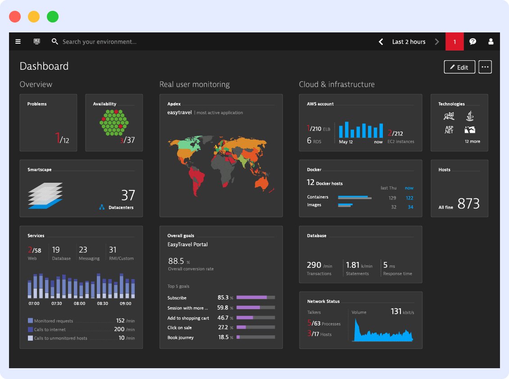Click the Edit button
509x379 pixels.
(459, 67)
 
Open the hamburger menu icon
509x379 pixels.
(18, 41)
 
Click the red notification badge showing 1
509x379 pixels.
(454, 41)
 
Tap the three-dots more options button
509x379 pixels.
(485, 67)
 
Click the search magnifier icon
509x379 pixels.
(55, 41)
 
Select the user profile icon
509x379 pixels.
(491, 41)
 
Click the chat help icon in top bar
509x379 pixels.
(473, 41)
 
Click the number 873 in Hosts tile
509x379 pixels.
(468, 204)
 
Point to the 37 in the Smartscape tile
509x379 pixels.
(128, 195)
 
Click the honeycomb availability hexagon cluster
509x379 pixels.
(114, 122)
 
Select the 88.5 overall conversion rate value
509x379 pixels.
(176, 261)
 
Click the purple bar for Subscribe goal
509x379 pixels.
(252, 298)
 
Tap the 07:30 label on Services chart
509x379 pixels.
(57, 303)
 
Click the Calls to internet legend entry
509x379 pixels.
(50, 329)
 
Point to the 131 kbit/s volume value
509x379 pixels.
(396, 311)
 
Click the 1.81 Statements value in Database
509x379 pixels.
(353, 265)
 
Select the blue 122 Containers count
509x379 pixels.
(409, 198)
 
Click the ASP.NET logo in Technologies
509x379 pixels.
(449, 130)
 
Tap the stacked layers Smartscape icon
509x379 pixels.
(45, 195)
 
